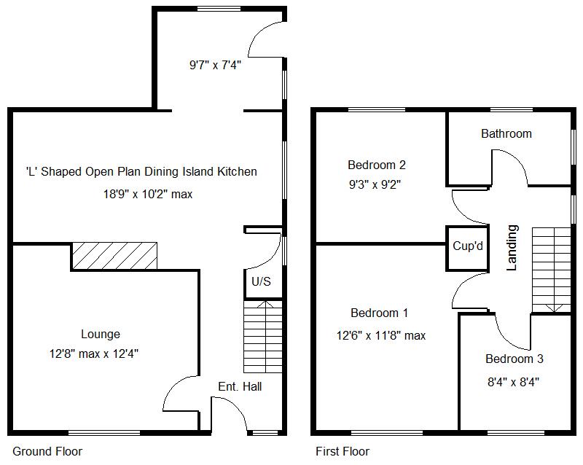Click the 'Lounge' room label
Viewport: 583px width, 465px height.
coord(101,335)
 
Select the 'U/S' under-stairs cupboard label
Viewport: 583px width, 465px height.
coord(261,282)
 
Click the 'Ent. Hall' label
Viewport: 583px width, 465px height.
coord(240,386)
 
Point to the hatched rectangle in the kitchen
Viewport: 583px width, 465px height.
coord(114,256)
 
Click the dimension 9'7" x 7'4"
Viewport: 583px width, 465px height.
coord(215,65)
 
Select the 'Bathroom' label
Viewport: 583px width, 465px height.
coord(506,133)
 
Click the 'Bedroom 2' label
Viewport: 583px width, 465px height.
coord(377,165)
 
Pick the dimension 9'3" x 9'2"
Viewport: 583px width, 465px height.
coord(375,184)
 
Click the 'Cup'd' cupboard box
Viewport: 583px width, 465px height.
coord(468,246)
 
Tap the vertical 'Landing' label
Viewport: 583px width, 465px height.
coord(512,248)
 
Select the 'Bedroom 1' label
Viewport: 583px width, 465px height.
coord(379,313)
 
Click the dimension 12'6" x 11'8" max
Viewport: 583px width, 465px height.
coord(381,336)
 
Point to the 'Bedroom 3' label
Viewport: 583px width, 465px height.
coord(514,359)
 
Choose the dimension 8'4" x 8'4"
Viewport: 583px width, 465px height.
coord(513,380)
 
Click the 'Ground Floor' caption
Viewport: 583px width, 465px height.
coord(47,451)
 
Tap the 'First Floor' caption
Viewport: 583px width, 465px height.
coord(343,451)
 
